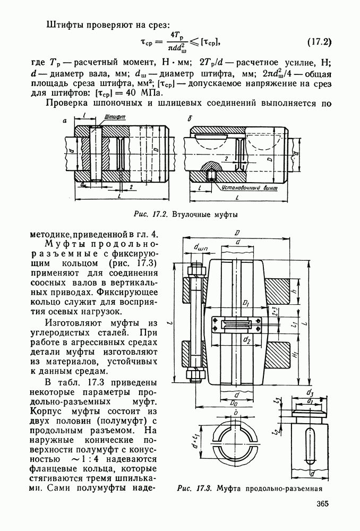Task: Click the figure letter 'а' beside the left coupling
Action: click(65, 121)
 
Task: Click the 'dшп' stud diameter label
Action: click(201, 247)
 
